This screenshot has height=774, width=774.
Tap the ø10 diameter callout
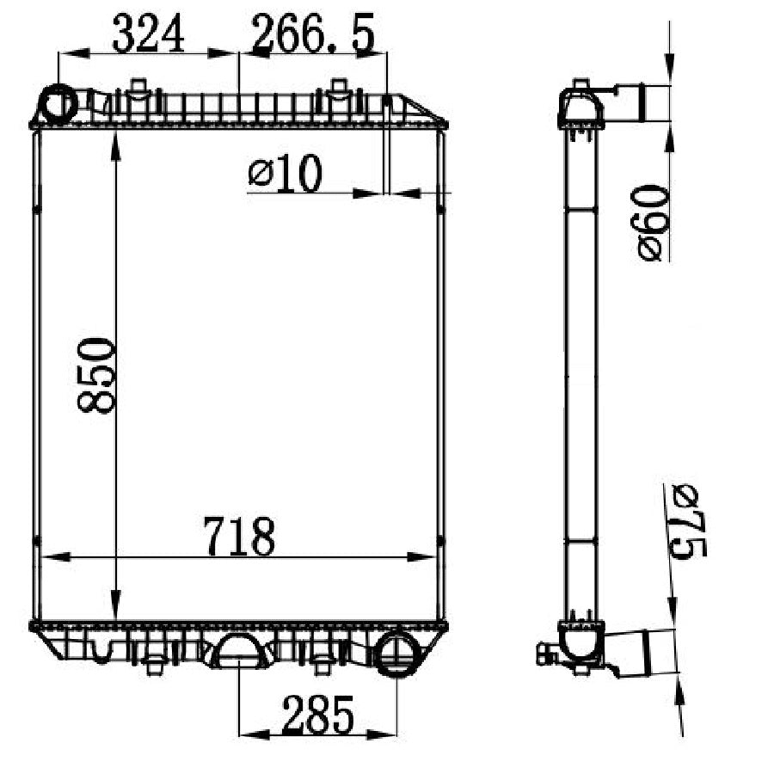pos(285,175)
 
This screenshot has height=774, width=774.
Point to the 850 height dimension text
pos(96,376)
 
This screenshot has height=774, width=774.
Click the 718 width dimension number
pos(238,537)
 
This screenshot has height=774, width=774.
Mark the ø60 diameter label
pos(652,223)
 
